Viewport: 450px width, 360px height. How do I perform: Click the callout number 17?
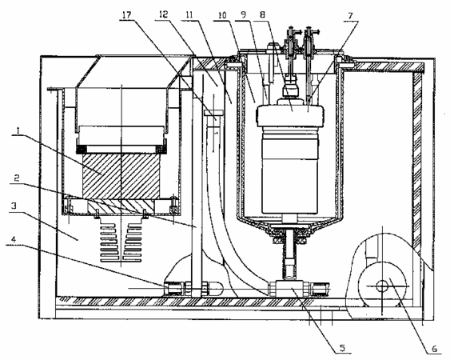pos(127,14)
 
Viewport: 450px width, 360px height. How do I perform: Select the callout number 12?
pos(163,14)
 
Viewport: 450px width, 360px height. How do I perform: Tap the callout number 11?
pos(189,15)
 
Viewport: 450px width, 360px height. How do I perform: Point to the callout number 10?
pos(222,15)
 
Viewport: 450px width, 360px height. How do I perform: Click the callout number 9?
pos(243,15)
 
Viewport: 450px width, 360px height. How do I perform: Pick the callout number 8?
pos(262,15)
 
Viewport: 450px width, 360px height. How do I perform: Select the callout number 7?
pos(350,16)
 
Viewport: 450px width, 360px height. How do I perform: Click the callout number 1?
pos(18,130)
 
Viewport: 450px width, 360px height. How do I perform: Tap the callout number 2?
pos(16,178)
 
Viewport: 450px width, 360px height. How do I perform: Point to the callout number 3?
pos(14,206)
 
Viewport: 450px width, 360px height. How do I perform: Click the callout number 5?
pos(342,348)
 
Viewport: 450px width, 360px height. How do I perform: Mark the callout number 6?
pos(435,349)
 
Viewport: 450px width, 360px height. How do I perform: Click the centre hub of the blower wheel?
pos(382,286)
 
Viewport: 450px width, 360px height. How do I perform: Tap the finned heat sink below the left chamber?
pos(121,239)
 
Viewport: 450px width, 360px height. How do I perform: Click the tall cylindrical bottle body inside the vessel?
pos(290,171)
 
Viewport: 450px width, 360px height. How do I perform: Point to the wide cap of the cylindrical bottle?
pos(290,116)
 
